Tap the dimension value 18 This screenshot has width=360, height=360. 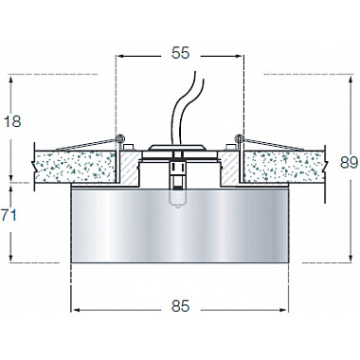click(x=13, y=122)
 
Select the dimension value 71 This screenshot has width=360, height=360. click(x=10, y=216)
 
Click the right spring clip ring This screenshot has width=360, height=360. click(x=239, y=141)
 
